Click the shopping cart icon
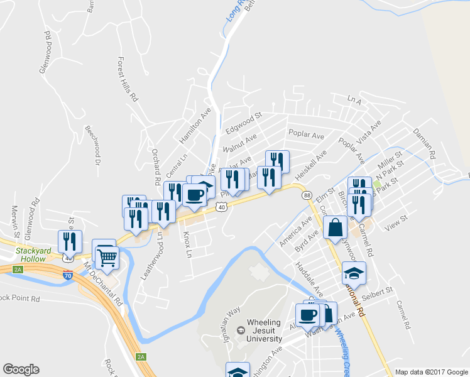pyautogui.click(x=107, y=256)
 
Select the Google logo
pyautogui.click(x=21, y=369)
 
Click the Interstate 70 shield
pyautogui.click(x=68, y=275)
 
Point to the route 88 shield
pyautogui.click(x=307, y=196)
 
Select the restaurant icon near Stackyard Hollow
pyautogui.click(x=69, y=242)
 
